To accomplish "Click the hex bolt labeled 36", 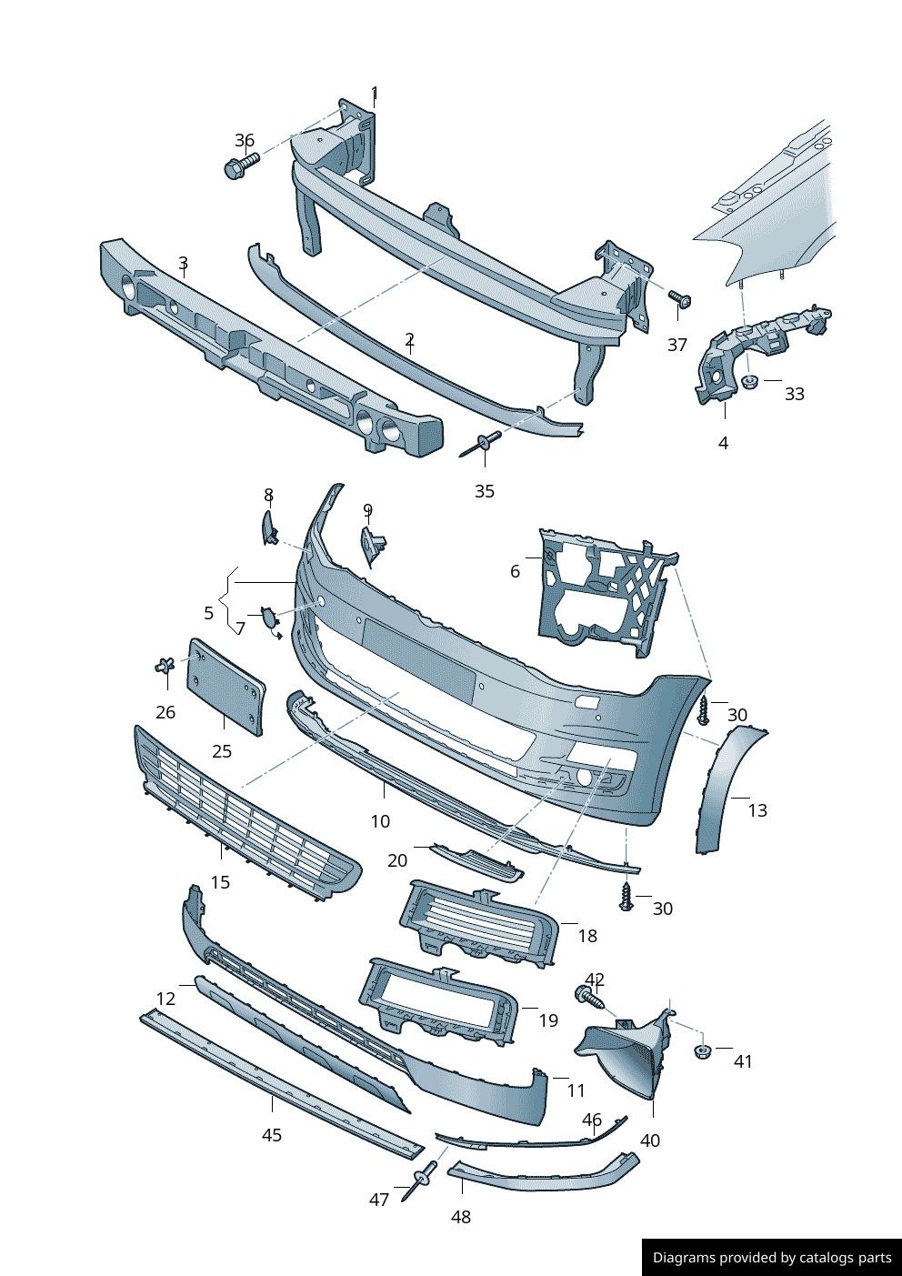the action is tap(240, 166).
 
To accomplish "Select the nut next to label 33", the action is tap(750, 381).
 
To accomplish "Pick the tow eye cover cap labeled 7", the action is tap(269, 621).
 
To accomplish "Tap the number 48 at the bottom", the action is tap(461, 1217).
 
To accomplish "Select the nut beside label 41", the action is tap(704, 1051).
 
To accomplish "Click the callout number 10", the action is tap(380, 821).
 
